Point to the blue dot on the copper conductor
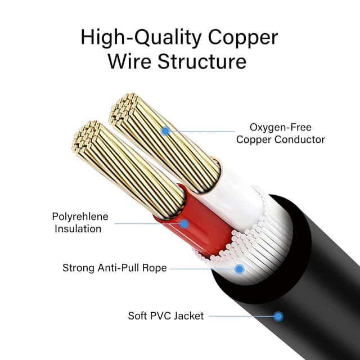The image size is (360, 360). (165, 131)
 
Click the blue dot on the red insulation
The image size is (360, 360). (183, 223)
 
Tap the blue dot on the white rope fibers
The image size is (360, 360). (239, 269)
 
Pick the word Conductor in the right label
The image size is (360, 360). (296, 139)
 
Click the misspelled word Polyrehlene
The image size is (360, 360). (80, 217)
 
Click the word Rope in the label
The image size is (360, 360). (155, 268)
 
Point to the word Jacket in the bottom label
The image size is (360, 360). (190, 316)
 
